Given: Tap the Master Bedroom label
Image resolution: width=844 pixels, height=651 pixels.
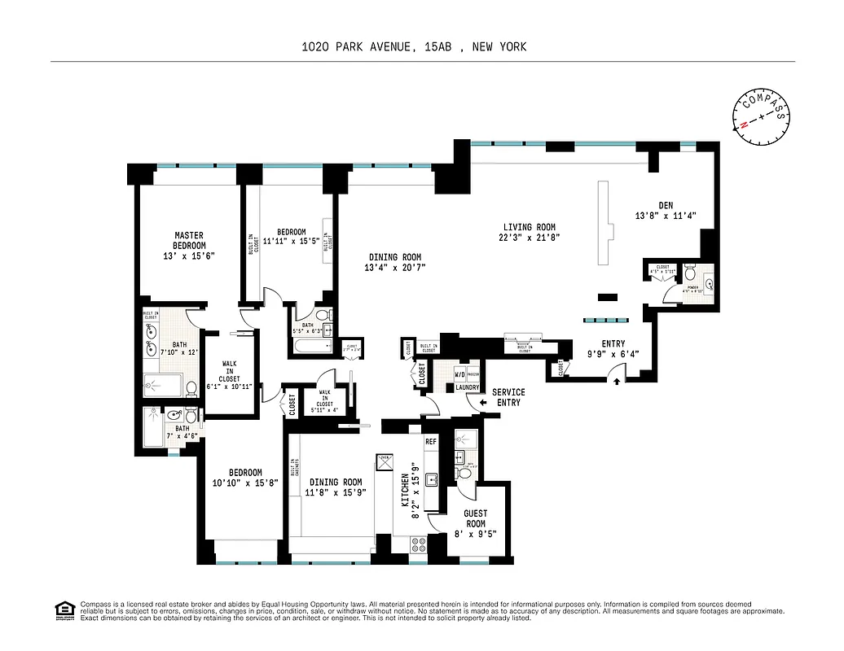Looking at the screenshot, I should point(189,241).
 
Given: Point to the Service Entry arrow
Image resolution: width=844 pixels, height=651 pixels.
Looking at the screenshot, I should point(483,401).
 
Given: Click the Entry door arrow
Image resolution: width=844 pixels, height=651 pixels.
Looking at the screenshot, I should point(617,380).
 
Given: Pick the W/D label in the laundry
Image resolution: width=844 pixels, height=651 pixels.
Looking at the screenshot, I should point(460,375).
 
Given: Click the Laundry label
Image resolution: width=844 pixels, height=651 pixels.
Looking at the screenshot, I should point(466,387).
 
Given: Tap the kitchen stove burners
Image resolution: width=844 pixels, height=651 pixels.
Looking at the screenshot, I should point(420,541).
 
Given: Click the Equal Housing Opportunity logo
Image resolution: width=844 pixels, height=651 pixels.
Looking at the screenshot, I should point(64,609).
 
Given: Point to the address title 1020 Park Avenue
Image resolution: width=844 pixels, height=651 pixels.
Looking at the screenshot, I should point(414,46).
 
